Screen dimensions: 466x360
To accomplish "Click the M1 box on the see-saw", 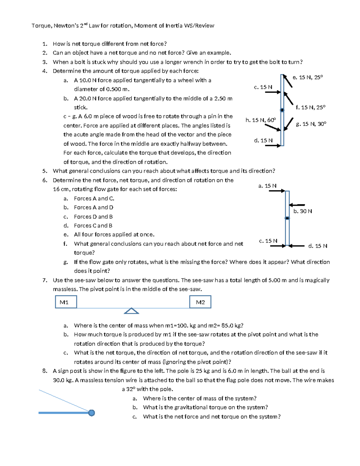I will (x=66, y=302).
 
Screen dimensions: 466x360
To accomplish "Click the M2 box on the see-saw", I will (x=200, y=302).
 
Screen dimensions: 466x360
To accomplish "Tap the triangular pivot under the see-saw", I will (x=131, y=311).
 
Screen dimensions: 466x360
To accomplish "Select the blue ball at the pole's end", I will (x=91, y=413).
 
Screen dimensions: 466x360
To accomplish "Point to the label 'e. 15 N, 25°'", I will (x=308, y=77).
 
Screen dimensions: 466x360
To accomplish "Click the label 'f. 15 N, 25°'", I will (x=310, y=107).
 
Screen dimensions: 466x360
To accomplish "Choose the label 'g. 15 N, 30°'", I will (x=311, y=124).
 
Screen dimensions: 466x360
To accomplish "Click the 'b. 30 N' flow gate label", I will (x=302, y=211).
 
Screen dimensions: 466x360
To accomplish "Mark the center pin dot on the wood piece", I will (x=282, y=110).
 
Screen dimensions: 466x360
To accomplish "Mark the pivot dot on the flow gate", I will (x=287, y=218).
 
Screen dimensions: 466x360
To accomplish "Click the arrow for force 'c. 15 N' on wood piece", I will (x=272, y=92).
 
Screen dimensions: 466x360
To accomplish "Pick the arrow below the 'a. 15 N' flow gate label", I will (x=277, y=191).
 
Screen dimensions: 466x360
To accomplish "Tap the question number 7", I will (x=44, y=280).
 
